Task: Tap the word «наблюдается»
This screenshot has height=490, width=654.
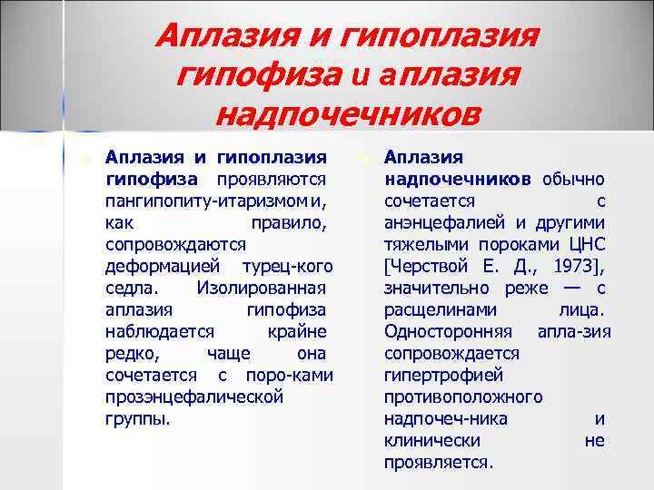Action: pyautogui.click(x=160, y=332)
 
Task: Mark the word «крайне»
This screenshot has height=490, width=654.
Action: pyautogui.click(x=298, y=332)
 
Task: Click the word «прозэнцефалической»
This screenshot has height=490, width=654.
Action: pyautogui.click(x=193, y=397)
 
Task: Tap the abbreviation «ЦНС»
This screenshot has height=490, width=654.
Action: pyautogui.click(x=585, y=244)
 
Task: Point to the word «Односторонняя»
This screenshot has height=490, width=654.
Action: pyautogui.click(x=448, y=332)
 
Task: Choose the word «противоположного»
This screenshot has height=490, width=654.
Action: pyautogui.click(x=463, y=397)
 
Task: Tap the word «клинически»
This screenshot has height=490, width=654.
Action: pyautogui.click(x=431, y=441)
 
